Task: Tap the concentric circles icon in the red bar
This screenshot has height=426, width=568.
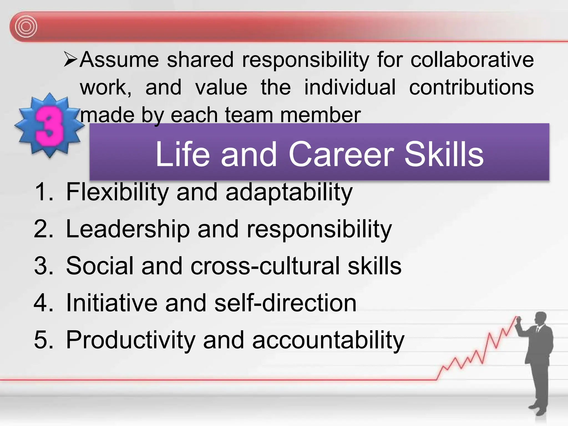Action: (x=26, y=27)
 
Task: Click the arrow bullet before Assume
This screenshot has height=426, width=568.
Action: (x=70, y=59)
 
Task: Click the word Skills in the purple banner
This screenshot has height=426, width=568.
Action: (x=444, y=154)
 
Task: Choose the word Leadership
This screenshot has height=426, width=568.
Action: (x=128, y=229)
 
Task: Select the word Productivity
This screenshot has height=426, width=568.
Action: (x=131, y=340)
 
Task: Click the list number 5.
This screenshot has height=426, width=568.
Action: (x=43, y=340)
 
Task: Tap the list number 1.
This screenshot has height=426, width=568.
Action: (x=43, y=192)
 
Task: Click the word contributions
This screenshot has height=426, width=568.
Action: (x=471, y=87)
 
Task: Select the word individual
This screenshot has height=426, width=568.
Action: (x=350, y=87)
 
